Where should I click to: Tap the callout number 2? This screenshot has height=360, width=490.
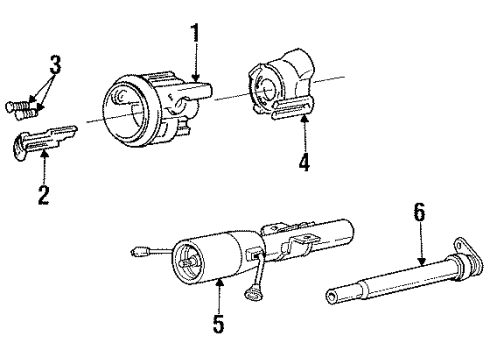[43, 193]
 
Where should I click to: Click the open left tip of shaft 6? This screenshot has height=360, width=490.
[333, 295]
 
